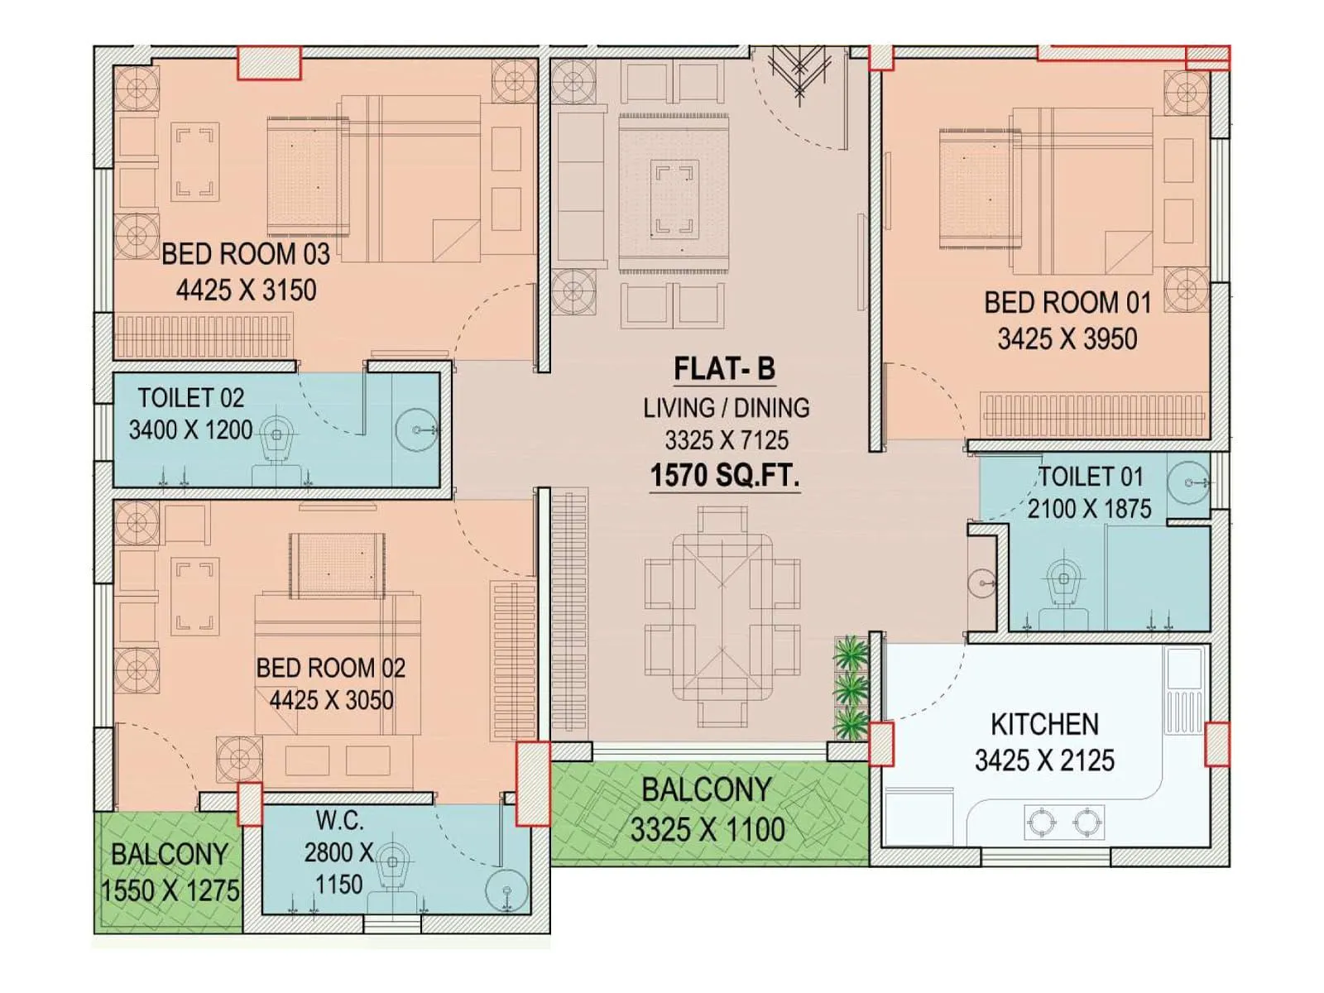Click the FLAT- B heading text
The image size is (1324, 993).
tap(724, 369)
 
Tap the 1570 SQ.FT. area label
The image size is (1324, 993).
tap(724, 476)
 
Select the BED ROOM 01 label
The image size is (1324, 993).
tap(1067, 303)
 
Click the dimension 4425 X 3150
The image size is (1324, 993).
tap(246, 290)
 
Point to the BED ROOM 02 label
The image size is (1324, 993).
tap(330, 668)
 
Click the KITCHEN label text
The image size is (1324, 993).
tap(1044, 725)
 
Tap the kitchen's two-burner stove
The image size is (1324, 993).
tap(1064, 822)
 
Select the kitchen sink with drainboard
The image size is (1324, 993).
tap(1183, 691)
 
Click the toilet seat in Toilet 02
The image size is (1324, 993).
tap(278, 439)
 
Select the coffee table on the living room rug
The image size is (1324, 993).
tap(674, 199)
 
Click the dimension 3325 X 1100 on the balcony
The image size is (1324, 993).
tap(708, 829)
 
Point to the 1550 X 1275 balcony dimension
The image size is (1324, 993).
tap(170, 891)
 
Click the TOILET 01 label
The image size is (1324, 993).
tap(1090, 477)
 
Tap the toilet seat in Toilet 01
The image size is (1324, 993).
tap(1063, 579)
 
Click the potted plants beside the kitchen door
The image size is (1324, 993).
tap(850, 688)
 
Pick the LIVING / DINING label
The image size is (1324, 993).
tap(726, 408)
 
